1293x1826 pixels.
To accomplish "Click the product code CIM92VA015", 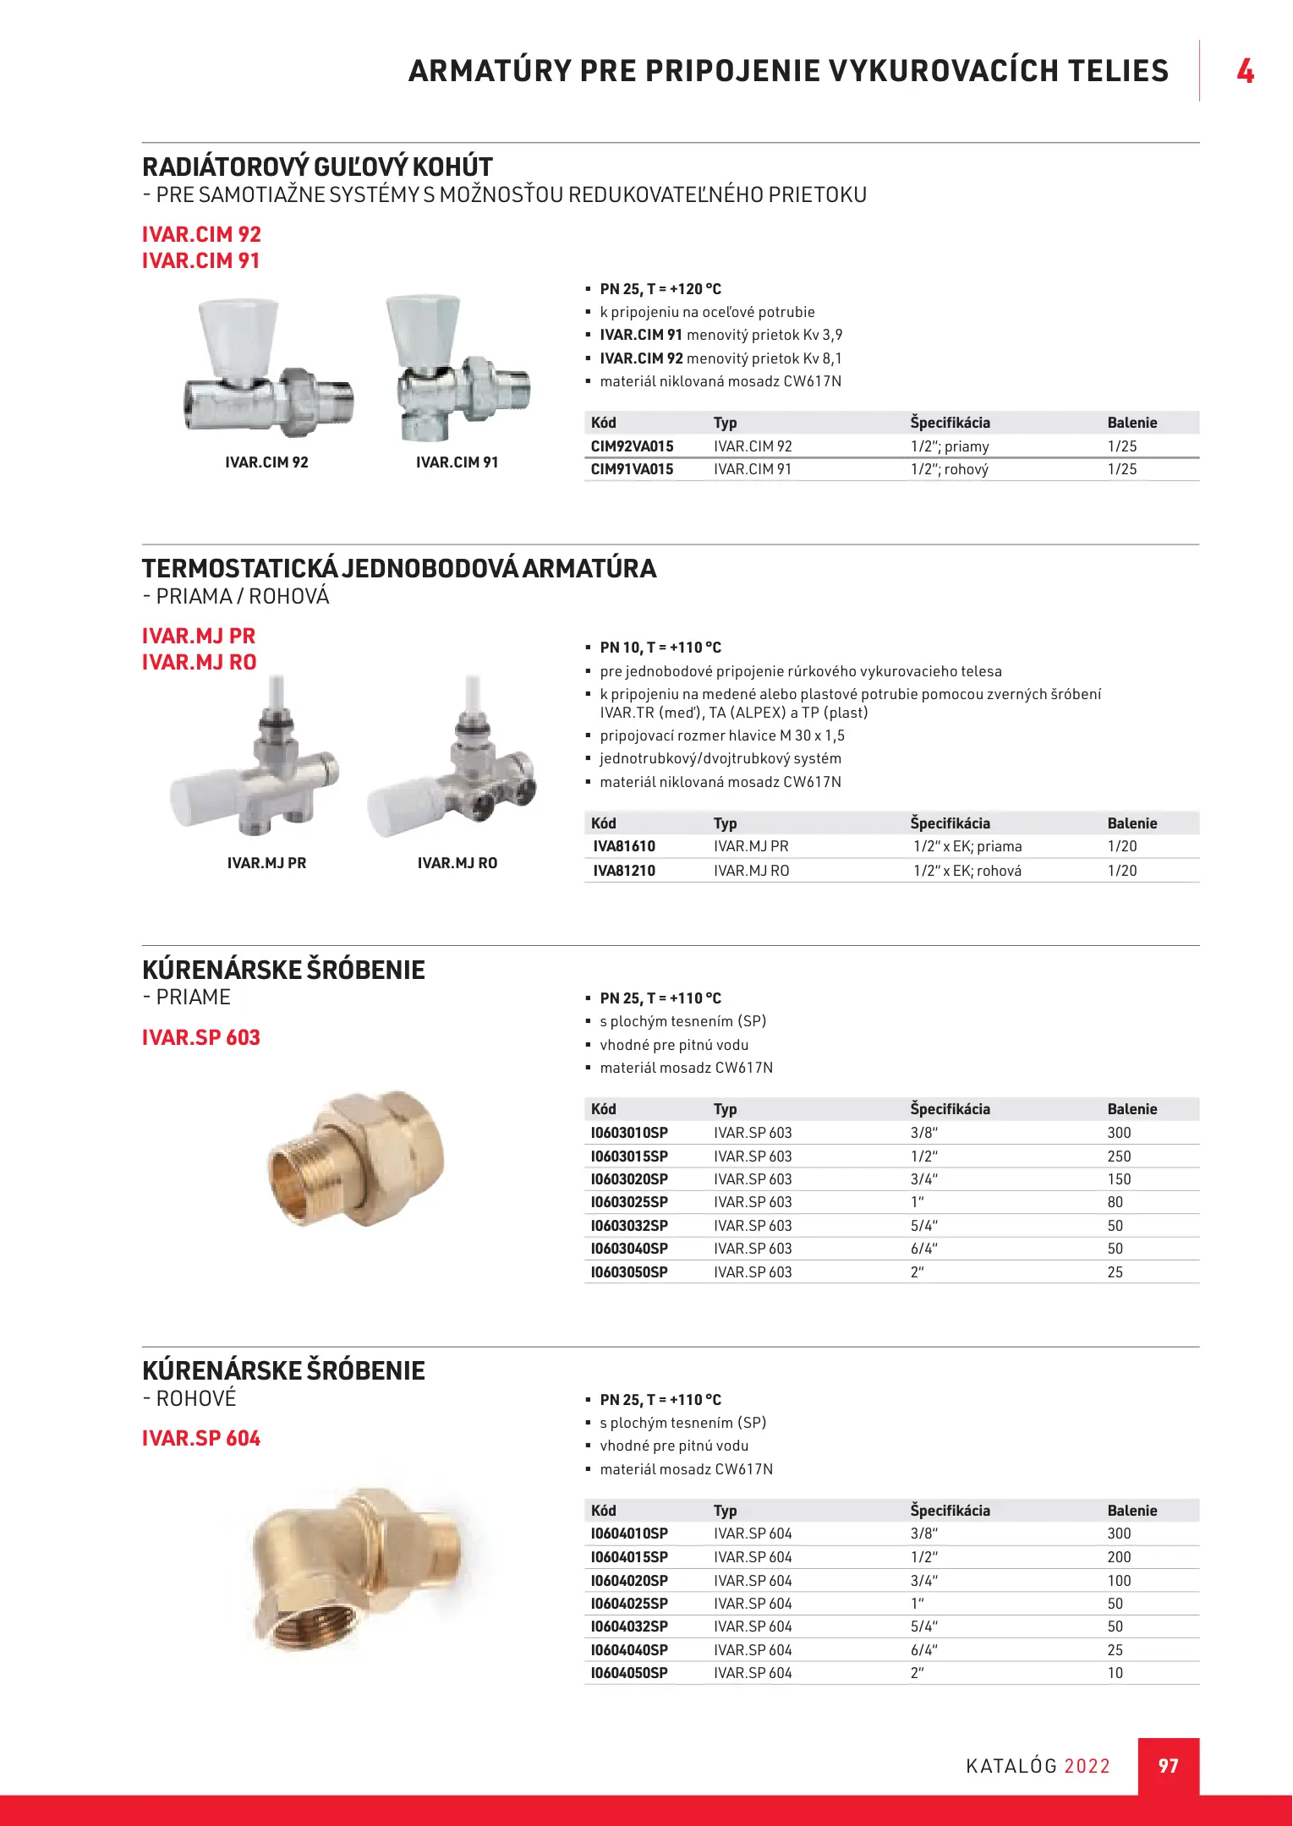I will pyautogui.click(x=632, y=446).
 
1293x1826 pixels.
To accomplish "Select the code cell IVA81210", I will pyautogui.click(x=623, y=871).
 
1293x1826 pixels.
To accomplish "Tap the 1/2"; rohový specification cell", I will pyautogui.click(x=949, y=469).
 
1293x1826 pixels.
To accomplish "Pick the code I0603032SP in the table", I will pyautogui.click(x=629, y=1226).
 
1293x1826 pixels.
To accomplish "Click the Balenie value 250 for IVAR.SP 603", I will pyautogui.click(x=1119, y=1156).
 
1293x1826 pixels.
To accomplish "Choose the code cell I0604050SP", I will pyautogui.click(x=629, y=1673).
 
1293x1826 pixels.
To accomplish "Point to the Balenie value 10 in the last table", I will pyautogui.click(x=1115, y=1673).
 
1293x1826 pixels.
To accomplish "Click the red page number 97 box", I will pyautogui.click(x=1168, y=1766).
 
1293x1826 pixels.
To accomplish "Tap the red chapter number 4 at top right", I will pyautogui.click(x=1245, y=71).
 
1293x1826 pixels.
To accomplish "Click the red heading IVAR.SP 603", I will pyautogui.click(x=201, y=1037).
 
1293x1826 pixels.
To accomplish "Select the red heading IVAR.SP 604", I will pyautogui.click(x=201, y=1438).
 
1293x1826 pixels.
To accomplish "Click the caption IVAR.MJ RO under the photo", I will pyautogui.click(x=457, y=863).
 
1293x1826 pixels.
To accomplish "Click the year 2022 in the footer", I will pyautogui.click(x=1087, y=1766).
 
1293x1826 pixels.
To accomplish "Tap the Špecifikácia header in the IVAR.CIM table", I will pyautogui.click(x=950, y=423).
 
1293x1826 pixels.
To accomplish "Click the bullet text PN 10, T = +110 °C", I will pyautogui.click(x=660, y=648).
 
